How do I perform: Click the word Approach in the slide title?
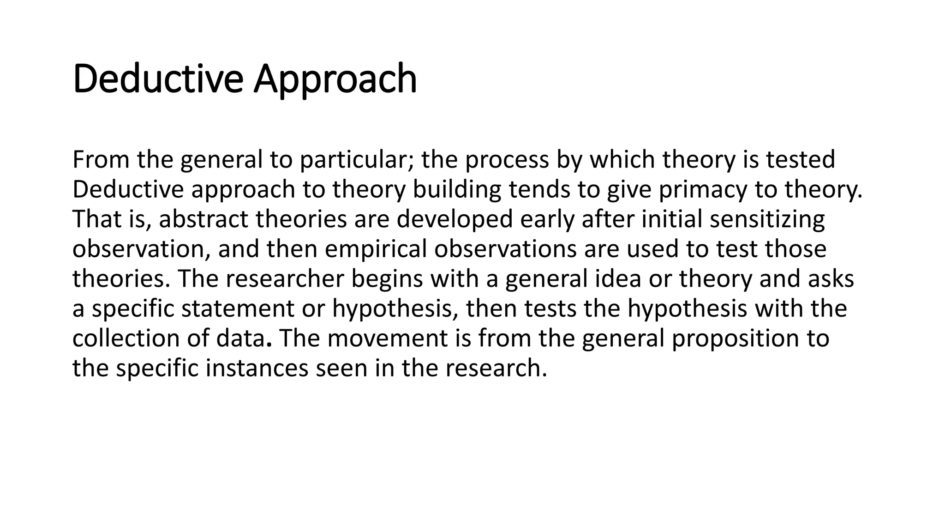point(335,79)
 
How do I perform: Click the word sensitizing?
point(767,219)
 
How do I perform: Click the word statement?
point(237,308)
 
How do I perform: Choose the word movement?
point(388,339)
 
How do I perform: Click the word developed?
point(455,219)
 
